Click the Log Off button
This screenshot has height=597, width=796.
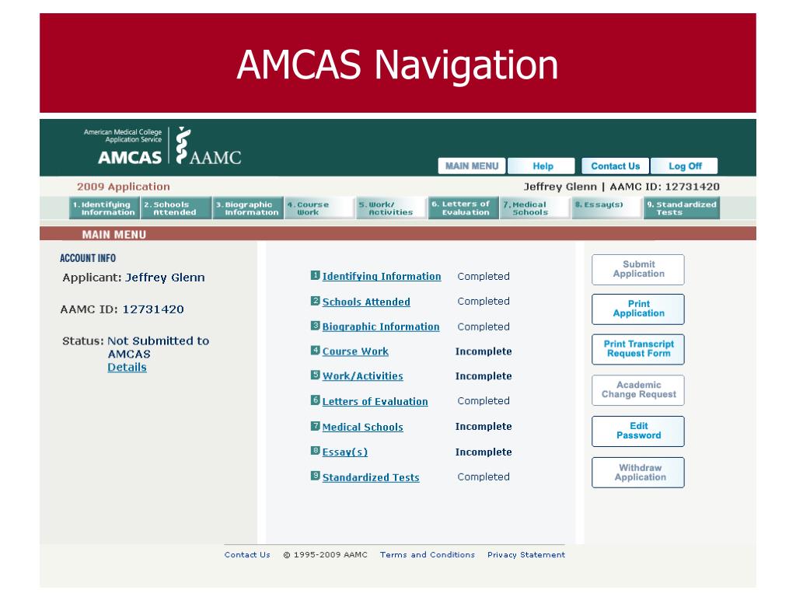coord(685,166)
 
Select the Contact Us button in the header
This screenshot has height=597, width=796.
coord(615,166)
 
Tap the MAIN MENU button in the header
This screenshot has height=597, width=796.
coord(472,166)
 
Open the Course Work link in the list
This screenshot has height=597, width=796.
coord(355,351)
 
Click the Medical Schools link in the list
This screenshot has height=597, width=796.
coord(362,427)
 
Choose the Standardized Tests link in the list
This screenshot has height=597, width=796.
coord(371,477)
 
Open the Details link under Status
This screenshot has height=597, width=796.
coord(127,367)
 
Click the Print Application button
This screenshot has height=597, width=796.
coord(638,309)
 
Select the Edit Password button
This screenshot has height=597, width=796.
coord(638,431)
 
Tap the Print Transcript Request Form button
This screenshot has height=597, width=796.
coord(638,348)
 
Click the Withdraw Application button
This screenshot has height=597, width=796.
coord(638,473)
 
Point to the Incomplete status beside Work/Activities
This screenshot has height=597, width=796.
coord(484,376)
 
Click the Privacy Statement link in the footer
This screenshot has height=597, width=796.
coord(526,555)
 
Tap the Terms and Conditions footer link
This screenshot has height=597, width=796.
coord(427,555)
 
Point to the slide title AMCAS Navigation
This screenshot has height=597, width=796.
coord(397,64)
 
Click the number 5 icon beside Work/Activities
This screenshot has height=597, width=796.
coord(316,375)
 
